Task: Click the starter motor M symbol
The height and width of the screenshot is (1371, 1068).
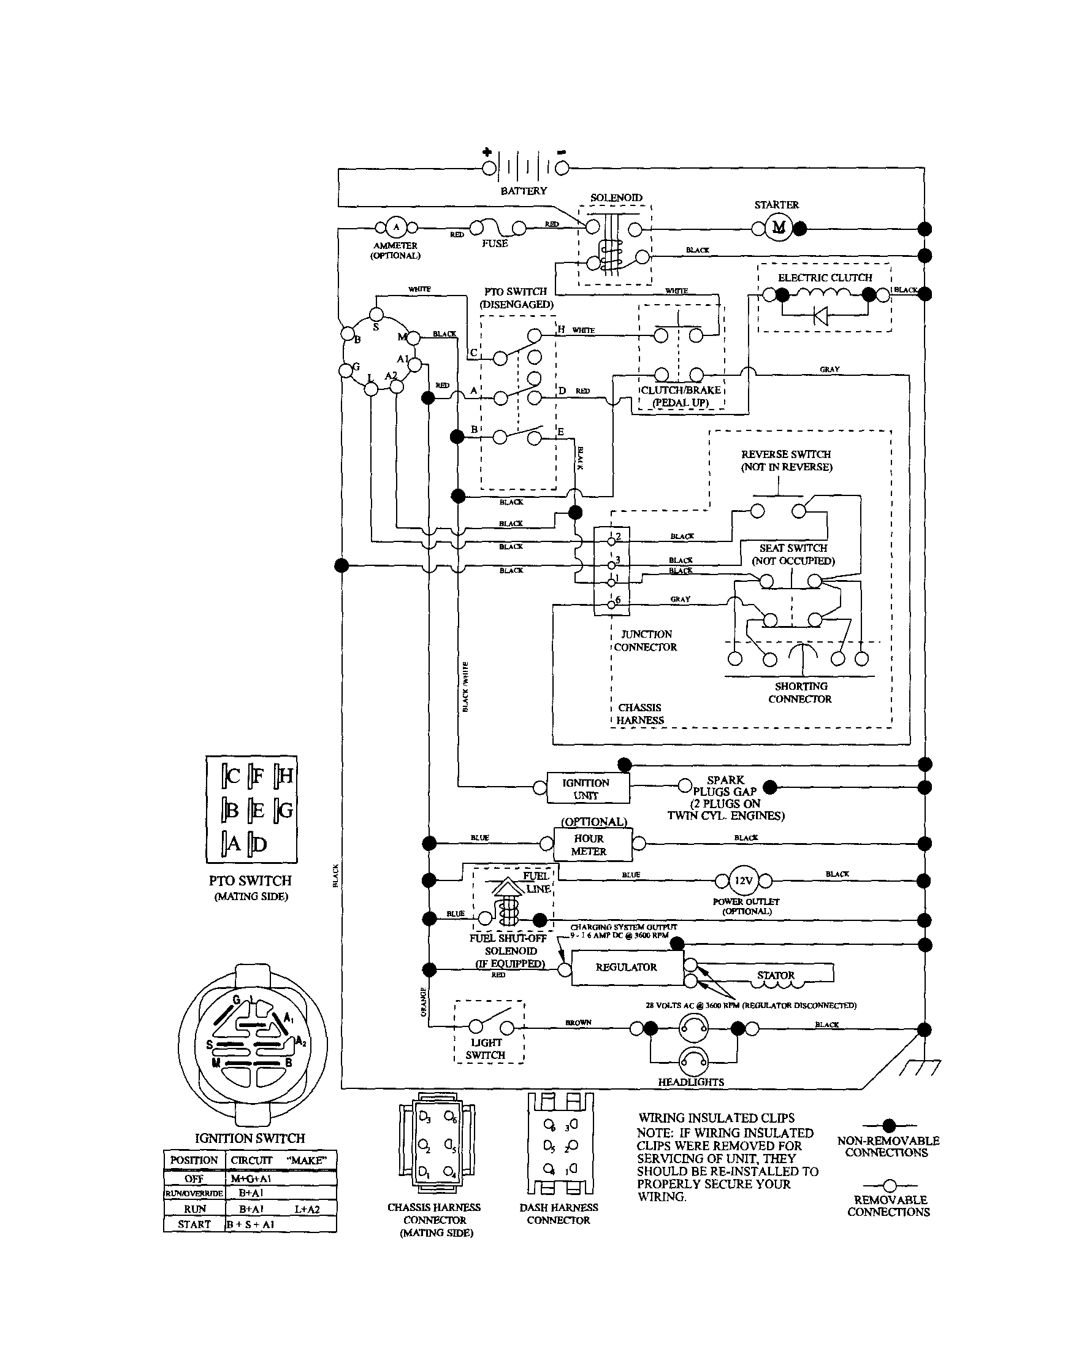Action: pyautogui.click(x=779, y=227)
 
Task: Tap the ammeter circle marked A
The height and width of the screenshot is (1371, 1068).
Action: pyautogui.click(x=395, y=227)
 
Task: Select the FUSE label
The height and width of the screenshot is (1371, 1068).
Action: pyautogui.click(x=495, y=243)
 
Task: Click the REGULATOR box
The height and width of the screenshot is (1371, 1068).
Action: pyautogui.click(x=626, y=968)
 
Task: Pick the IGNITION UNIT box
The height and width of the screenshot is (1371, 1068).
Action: pyautogui.click(x=587, y=789)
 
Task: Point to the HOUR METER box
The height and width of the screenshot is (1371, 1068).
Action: pyautogui.click(x=589, y=845)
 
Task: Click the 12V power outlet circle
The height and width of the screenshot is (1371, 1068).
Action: pyautogui.click(x=744, y=880)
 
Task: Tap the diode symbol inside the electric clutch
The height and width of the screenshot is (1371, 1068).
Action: pyautogui.click(x=820, y=316)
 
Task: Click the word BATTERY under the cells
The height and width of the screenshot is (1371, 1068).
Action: pyautogui.click(x=524, y=191)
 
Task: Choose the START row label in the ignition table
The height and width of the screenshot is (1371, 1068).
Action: pyautogui.click(x=194, y=1224)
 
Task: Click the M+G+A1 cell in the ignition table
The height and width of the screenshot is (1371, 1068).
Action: pyautogui.click(x=251, y=1179)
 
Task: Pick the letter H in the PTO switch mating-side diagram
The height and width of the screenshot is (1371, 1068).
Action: pyautogui.click(x=285, y=776)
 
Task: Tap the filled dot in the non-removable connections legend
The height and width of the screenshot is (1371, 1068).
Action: pyautogui.click(x=889, y=1126)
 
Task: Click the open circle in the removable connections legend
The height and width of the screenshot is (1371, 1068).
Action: pyautogui.click(x=889, y=1186)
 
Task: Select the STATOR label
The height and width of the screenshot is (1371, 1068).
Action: pyautogui.click(x=776, y=975)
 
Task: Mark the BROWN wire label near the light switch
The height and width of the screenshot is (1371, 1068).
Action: pyautogui.click(x=578, y=1023)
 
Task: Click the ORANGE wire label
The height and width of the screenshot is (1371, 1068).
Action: pyautogui.click(x=423, y=1002)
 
